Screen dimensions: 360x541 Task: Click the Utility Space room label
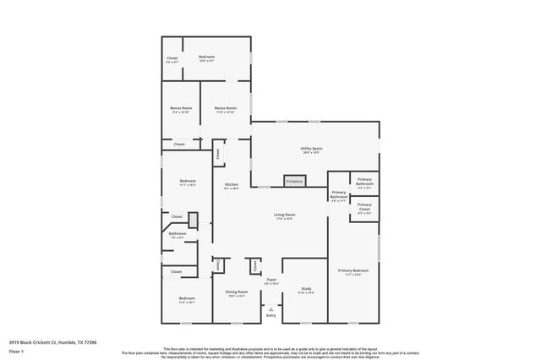[312, 150]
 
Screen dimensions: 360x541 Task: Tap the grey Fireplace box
[294, 181]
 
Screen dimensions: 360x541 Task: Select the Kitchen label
[231, 185]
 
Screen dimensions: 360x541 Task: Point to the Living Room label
[284, 215]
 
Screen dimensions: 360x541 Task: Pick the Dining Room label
[235, 292]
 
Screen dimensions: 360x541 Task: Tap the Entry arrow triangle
[270, 309]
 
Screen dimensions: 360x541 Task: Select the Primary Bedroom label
[353, 270]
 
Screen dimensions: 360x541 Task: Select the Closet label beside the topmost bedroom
[172, 57]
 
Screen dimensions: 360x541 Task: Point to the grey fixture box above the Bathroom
[193, 220]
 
